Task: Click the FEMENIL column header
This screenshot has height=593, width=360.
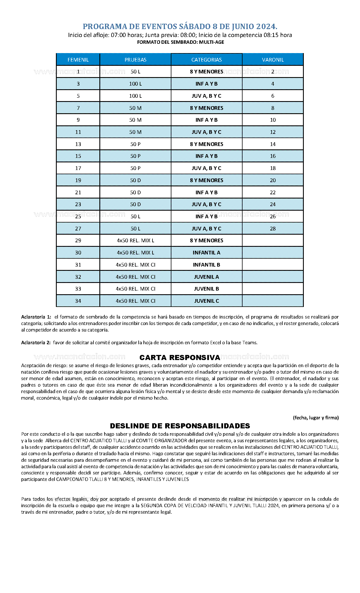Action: (78, 60)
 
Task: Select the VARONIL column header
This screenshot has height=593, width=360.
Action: (272, 60)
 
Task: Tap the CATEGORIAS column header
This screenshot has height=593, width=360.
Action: (206, 60)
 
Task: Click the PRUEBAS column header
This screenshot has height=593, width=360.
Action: (135, 60)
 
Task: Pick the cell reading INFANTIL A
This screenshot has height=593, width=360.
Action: (206, 252)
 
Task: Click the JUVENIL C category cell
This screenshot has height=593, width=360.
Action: (206, 301)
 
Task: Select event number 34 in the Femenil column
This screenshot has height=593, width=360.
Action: (78, 301)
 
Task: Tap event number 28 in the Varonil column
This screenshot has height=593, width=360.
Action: (272, 228)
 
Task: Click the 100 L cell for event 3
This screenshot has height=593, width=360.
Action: (135, 84)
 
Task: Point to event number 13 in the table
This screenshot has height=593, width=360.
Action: (78, 144)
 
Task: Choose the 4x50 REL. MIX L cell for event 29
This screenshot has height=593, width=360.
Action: (135, 241)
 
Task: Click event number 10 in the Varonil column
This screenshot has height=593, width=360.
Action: (272, 120)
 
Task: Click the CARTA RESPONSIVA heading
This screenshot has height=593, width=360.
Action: (180, 357)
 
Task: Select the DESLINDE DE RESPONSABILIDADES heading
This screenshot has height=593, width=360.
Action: (180, 426)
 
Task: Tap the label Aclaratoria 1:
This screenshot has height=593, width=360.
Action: (36, 317)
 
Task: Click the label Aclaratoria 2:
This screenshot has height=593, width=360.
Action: (36, 343)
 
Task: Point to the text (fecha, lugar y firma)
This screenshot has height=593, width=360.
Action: (316, 418)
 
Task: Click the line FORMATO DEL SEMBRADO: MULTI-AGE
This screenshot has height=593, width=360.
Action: (180, 42)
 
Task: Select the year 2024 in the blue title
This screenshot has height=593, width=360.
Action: (266, 27)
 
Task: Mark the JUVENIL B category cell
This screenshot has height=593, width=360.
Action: (206, 289)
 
